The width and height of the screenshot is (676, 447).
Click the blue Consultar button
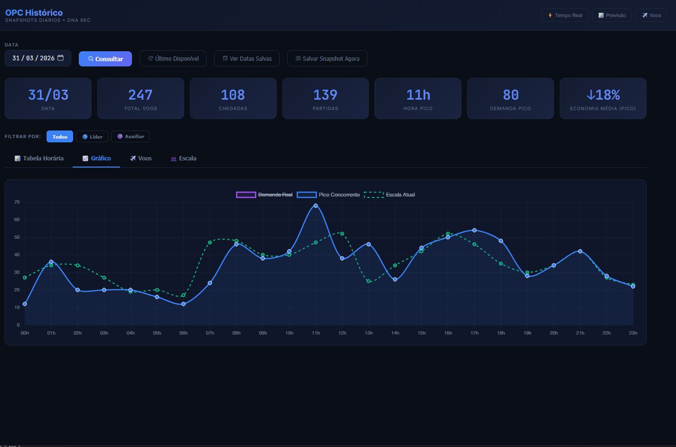point(105,59)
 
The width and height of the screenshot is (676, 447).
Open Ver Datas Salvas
point(247,58)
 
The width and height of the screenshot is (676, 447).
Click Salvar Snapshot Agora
point(327,58)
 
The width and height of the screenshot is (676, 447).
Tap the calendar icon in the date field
point(61,57)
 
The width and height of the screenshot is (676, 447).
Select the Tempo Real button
point(564,15)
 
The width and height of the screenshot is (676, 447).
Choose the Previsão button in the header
point(612,15)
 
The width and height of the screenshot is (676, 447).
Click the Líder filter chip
point(92,137)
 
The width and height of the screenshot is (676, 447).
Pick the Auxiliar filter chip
point(131,137)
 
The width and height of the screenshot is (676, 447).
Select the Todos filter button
point(60,137)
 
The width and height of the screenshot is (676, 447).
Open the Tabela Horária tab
point(39,158)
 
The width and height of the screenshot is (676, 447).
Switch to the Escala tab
point(184,158)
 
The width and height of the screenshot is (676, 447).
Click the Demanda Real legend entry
point(264,195)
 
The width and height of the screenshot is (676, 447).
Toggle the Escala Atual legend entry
point(389,195)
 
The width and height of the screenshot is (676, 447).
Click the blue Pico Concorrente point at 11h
point(316,205)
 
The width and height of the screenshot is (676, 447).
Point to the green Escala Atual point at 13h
point(368,281)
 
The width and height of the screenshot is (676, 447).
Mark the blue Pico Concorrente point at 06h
point(183,304)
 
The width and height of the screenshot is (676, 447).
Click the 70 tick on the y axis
point(17,202)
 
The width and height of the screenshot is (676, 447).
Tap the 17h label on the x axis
point(474,333)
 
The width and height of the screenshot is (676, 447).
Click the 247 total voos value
point(141,95)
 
